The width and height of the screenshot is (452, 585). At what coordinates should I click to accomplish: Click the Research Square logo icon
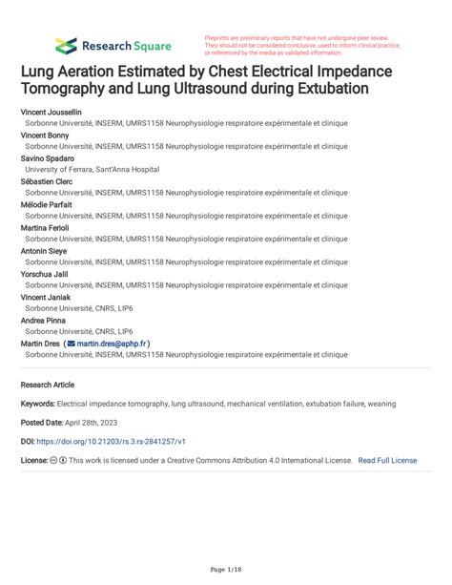(x=67, y=45)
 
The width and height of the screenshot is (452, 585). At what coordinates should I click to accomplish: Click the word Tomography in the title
(x=66, y=89)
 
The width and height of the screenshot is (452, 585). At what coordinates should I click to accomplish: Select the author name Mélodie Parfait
(x=46, y=204)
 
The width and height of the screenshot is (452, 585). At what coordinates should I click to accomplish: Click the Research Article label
(x=47, y=385)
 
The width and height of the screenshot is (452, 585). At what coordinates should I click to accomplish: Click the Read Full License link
(x=387, y=460)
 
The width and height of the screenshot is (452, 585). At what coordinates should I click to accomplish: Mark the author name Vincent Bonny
(x=44, y=136)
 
